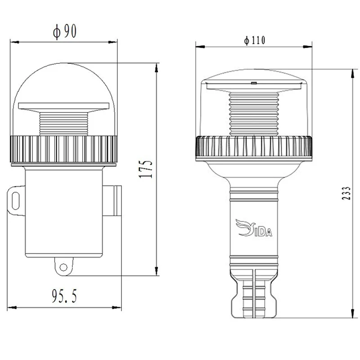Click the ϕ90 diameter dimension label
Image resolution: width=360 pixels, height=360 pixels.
point(64,31)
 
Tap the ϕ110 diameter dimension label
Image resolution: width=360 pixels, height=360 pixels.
point(255,40)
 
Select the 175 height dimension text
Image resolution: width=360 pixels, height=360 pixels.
point(146,169)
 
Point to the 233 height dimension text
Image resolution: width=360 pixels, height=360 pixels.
point(346,193)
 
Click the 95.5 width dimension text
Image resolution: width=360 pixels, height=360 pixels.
point(64,296)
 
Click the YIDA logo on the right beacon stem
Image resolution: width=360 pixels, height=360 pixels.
point(254,228)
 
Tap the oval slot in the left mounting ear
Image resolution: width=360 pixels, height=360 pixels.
point(15,201)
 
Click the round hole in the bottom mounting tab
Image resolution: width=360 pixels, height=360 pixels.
point(63,267)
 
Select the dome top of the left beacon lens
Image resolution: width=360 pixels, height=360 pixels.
point(64,69)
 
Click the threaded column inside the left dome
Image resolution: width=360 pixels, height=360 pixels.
point(63,124)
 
